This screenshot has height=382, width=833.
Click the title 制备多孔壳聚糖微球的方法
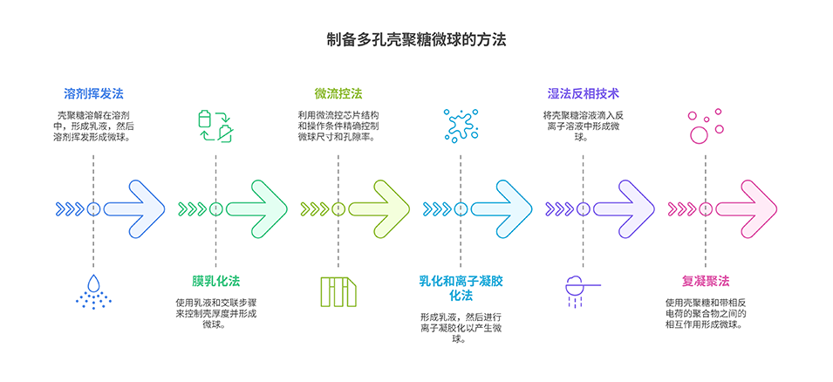pos(416,40)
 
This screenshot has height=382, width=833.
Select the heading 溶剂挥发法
pos(93,92)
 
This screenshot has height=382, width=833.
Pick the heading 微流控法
pos(338,92)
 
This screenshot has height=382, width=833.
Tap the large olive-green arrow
pos(390,209)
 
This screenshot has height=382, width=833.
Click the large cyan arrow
pos(513,209)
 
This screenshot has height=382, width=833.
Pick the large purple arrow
pos(635,209)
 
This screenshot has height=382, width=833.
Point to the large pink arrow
pos(757,209)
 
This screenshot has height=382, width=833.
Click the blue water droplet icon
pos(93,291)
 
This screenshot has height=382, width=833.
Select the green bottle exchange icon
pos(215,126)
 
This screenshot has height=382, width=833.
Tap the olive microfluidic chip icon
pos(338,291)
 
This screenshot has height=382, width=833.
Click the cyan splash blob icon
pos(460,126)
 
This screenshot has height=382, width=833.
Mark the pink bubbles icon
pos(703,126)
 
